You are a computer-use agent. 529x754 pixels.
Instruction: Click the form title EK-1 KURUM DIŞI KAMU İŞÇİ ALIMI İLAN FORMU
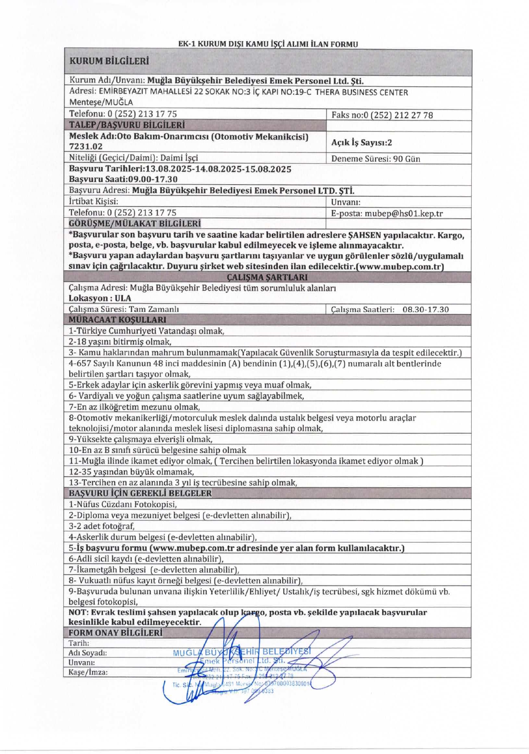pyautogui.click(x=268, y=44)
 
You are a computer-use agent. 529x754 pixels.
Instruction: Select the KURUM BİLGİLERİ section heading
pyautogui.click(x=109, y=61)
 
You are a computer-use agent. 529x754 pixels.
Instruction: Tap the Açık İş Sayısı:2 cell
pyautogui.click(x=361, y=142)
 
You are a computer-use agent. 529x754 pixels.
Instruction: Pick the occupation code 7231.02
pyautogui.click(x=86, y=147)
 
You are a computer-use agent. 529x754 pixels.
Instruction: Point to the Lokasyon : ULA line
pyautogui.click(x=100, y=298)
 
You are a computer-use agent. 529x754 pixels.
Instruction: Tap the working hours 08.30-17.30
pyautogui.click(x=425, y=309)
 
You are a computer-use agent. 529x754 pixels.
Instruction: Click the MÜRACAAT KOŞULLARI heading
pyautogui.click(x=117, y=320)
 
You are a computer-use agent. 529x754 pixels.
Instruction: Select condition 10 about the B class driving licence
pyautogui.click(x=157, y=450)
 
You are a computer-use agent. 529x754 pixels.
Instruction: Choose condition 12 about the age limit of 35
pyautogui.click(x=131, y=472)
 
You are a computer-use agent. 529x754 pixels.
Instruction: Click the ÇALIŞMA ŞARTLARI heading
pyautogui.click(x=267, y=277)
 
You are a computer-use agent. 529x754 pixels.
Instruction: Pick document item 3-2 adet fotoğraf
pyautogui.click(x=102, y=526)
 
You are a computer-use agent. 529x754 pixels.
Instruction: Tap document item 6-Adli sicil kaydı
pyautogui.click(x=146, y=559)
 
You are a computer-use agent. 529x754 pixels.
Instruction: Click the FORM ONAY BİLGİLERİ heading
pyautogui.click(x=115, y=633)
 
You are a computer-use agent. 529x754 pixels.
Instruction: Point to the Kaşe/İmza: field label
pyautogui.click(x=88, y=672)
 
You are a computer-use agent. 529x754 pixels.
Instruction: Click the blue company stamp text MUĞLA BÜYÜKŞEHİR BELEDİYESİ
pyautogui.click(x=242, y=652)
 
